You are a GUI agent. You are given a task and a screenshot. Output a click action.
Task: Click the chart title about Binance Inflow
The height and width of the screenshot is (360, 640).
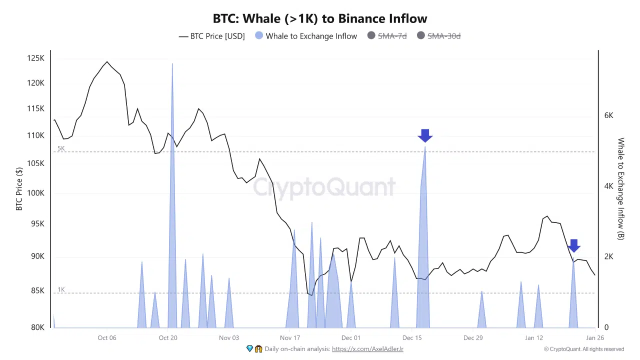click(320, 18)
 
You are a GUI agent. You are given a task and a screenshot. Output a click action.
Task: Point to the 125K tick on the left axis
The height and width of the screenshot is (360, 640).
click(35, 58)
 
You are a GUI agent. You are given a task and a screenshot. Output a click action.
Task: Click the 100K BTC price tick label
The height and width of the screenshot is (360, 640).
click(35, 193)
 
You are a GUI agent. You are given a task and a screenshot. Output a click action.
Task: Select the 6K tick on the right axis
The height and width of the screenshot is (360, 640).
click(608, 115)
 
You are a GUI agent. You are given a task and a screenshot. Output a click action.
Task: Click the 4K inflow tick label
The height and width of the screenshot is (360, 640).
click(608, 186)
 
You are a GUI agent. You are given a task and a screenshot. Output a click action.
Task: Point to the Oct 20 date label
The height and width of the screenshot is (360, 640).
click(168, 338)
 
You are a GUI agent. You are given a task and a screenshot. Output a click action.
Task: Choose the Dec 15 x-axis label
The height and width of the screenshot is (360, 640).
click(411, 338)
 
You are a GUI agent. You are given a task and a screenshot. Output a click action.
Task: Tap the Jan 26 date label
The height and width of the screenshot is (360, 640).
click(594, 338)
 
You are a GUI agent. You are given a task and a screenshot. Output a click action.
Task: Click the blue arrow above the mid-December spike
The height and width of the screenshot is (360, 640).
click(425, 135)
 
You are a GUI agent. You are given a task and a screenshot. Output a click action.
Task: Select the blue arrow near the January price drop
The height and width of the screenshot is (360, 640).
click(573, 245)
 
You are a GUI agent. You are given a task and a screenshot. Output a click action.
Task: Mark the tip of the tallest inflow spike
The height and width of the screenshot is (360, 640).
click(172, 64)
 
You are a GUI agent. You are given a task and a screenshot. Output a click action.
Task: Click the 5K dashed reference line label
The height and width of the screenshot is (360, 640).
click(61, 148)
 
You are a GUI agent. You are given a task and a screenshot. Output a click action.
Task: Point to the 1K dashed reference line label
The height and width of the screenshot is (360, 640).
click(61, 290)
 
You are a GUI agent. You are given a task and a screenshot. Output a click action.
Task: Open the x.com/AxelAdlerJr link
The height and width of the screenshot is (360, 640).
click(367, 349)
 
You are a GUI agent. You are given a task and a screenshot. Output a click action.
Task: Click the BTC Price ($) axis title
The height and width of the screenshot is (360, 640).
click(19, 189)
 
